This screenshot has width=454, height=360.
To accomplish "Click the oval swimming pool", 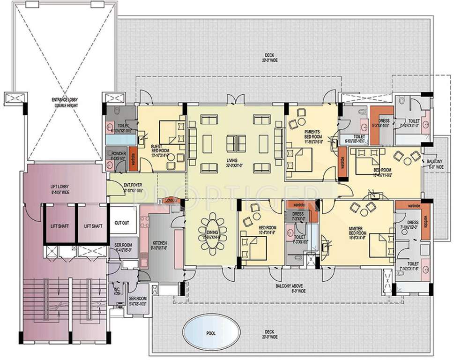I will click(210, 333).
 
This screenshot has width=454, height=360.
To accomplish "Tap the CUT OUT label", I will click(122, 223).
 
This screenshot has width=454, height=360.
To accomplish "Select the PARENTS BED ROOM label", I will click(312, 134).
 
